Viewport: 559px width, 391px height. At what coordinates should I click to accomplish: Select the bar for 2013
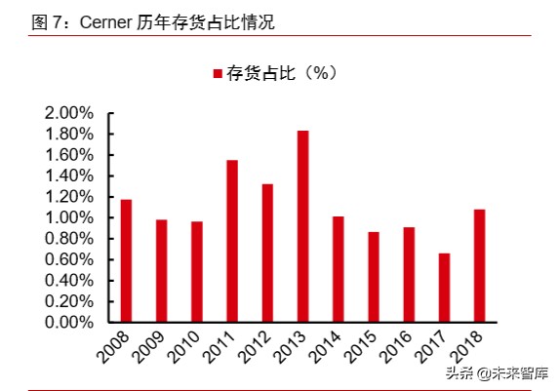(x=302, y=226)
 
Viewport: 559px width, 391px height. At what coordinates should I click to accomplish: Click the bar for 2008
(x=126, y=260)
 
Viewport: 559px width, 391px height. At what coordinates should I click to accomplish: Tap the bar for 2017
(x=444, y=288)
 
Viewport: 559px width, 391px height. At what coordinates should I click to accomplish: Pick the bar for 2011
(x=232, y=241)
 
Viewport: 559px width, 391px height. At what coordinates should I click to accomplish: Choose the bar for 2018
(x=479, y=265)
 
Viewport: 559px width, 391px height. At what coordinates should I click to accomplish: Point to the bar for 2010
(x=197, y=272)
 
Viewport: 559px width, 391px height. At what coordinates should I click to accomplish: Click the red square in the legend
(x=217, y=73)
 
